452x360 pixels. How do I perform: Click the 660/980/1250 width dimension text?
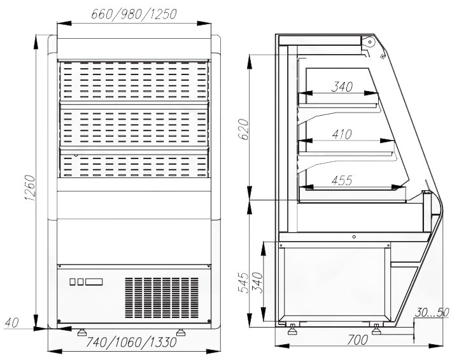click(x=134, y=14)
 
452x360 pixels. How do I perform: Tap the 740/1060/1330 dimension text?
click(x=131, y=342)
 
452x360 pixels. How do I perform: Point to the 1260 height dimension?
click(x=30, y=188)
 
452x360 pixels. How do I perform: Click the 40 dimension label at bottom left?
click(x=12, y=322)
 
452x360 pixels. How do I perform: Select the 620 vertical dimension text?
click(x=244, y=129)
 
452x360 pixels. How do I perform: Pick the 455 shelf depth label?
click(x=342, y=181)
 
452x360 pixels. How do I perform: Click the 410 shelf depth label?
click(x=342, y=134)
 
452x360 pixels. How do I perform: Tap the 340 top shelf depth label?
click(x=342, y=87)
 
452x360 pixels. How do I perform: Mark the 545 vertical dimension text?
click(x=244, y=282)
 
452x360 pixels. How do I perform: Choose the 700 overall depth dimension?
click(x=357, y=340)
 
